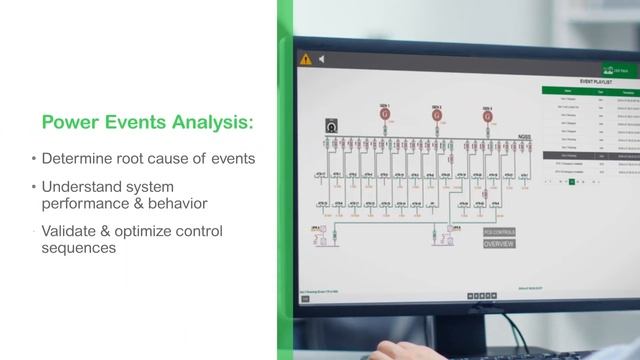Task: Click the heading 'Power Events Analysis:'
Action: coord(147,123)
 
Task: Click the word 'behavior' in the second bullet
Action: coord(176,203)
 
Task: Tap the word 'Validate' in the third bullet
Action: coord(71,231)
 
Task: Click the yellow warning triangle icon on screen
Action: coord(306,59)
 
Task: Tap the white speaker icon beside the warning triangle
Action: coord(322,60)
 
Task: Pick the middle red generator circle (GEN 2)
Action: coord(437,117)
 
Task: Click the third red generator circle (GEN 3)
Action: coord(487,117)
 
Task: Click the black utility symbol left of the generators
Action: coord(331,125)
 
